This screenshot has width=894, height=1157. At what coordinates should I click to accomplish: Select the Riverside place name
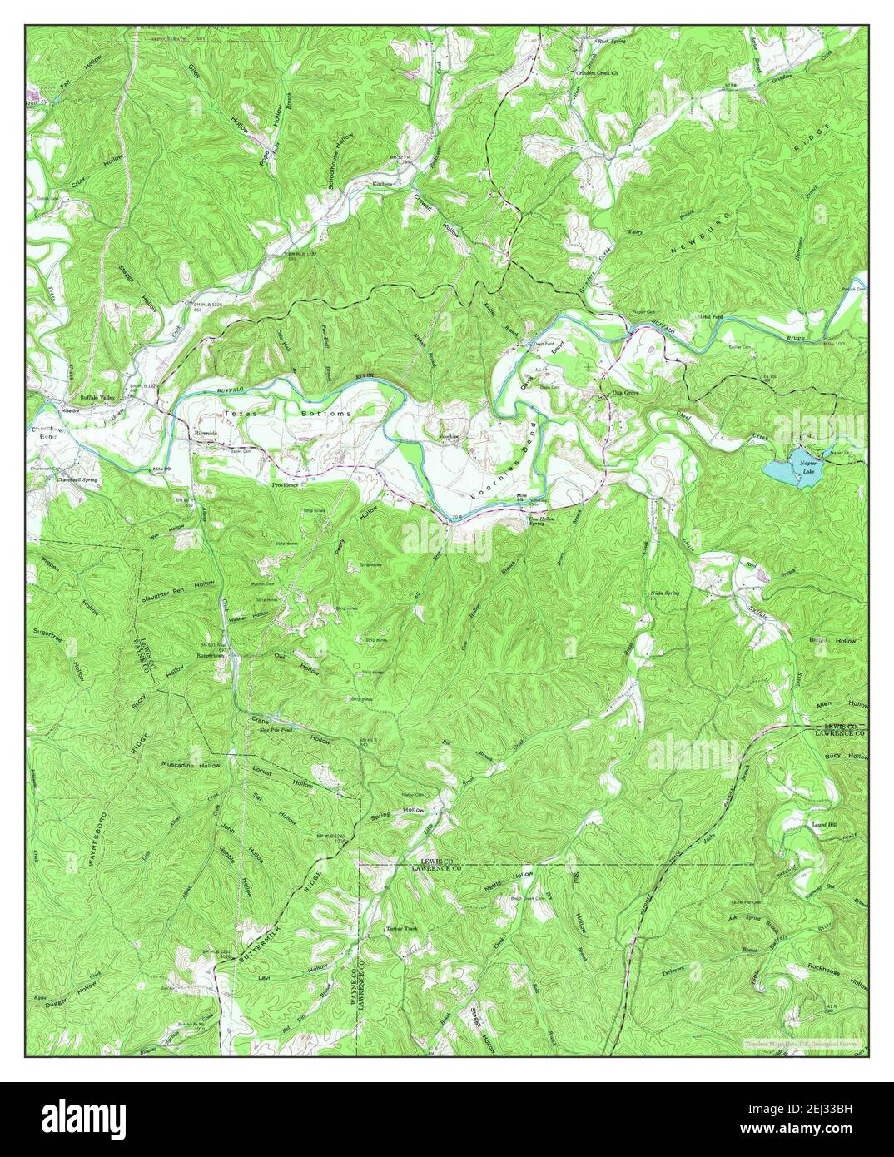point(203,434)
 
